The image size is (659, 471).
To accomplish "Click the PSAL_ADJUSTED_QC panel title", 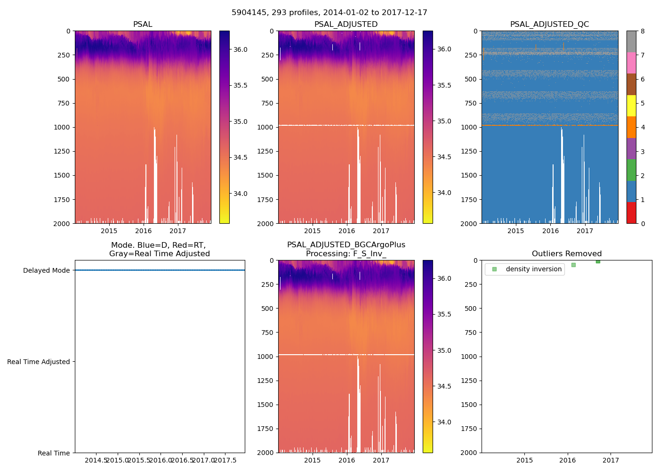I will (549, 24).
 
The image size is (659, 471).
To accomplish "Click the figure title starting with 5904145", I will (329, 13).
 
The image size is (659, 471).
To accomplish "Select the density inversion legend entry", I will (533, 269).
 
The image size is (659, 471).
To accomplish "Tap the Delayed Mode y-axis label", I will (46, 270).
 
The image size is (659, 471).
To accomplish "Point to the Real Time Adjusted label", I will (38, 362).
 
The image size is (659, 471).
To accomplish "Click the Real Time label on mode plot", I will (54, 453).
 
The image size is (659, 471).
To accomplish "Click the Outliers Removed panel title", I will (566, 254).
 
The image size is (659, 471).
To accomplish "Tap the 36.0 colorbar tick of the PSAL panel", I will (241, 49).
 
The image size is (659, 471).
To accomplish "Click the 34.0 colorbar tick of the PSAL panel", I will (241, 194).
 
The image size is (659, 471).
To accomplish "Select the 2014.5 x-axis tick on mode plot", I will (96, 460).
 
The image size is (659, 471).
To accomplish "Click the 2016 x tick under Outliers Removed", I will (568, 460).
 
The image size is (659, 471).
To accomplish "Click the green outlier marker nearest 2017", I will (598, 261).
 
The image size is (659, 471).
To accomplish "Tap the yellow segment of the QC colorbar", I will (631, 106).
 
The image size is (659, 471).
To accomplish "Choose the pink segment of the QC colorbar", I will (631, 63).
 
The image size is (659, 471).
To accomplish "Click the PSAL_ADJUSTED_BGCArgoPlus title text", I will (346, 245).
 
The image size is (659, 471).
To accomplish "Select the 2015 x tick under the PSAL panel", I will (109, 231).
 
